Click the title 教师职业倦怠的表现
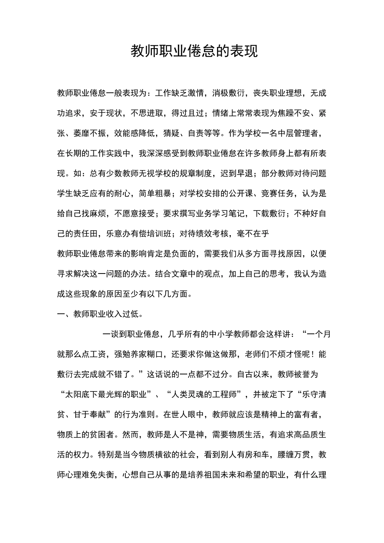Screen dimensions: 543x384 (x=194, y=52)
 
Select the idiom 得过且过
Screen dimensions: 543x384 (x=188, y=113)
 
